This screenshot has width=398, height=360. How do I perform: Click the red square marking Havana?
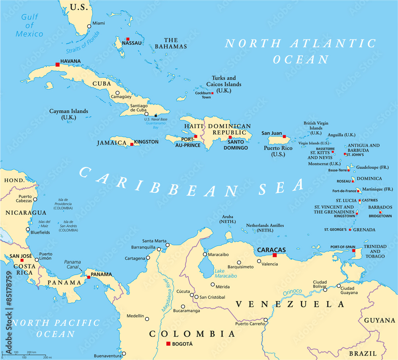(x=58, y=64)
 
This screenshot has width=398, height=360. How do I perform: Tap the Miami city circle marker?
(x=89, y=26)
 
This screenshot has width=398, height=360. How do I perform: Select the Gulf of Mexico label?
(x=29, y=25)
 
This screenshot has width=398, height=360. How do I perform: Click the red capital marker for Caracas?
(x=274, y=255)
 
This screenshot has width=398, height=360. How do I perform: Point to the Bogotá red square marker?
(x=168, y=344)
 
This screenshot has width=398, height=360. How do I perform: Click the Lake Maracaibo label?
(x=226, y=273)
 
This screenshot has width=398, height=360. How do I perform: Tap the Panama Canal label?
(x=72, y=264)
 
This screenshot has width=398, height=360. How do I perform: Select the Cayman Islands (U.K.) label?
(x=68, y=114)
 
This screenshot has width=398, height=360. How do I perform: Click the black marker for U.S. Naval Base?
(x=156, y=115)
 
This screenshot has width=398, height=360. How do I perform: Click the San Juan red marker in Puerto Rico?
(x=285, y=136)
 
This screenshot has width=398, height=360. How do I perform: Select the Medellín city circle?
(x=147, y=319)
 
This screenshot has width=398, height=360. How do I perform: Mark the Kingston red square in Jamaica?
(x=132, y=145)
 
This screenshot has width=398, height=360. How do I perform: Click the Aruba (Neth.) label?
(x=228, y=219)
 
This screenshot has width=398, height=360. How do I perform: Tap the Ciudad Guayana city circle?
(x=339, y=286)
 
